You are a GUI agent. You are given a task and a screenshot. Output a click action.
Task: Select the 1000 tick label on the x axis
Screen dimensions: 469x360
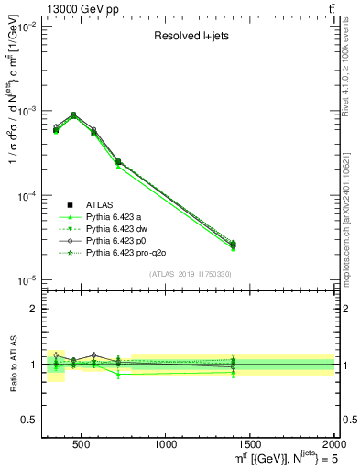coord(166,444)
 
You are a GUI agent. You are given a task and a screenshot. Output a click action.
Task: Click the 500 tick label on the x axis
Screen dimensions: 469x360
coord(82,444)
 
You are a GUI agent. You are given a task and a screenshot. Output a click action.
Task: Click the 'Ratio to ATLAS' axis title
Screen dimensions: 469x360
coord(13,365)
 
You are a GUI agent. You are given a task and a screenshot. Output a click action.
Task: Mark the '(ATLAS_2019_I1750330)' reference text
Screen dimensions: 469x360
coord(190,275)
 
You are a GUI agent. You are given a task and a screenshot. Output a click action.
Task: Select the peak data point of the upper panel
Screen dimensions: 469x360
coord(73,115)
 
